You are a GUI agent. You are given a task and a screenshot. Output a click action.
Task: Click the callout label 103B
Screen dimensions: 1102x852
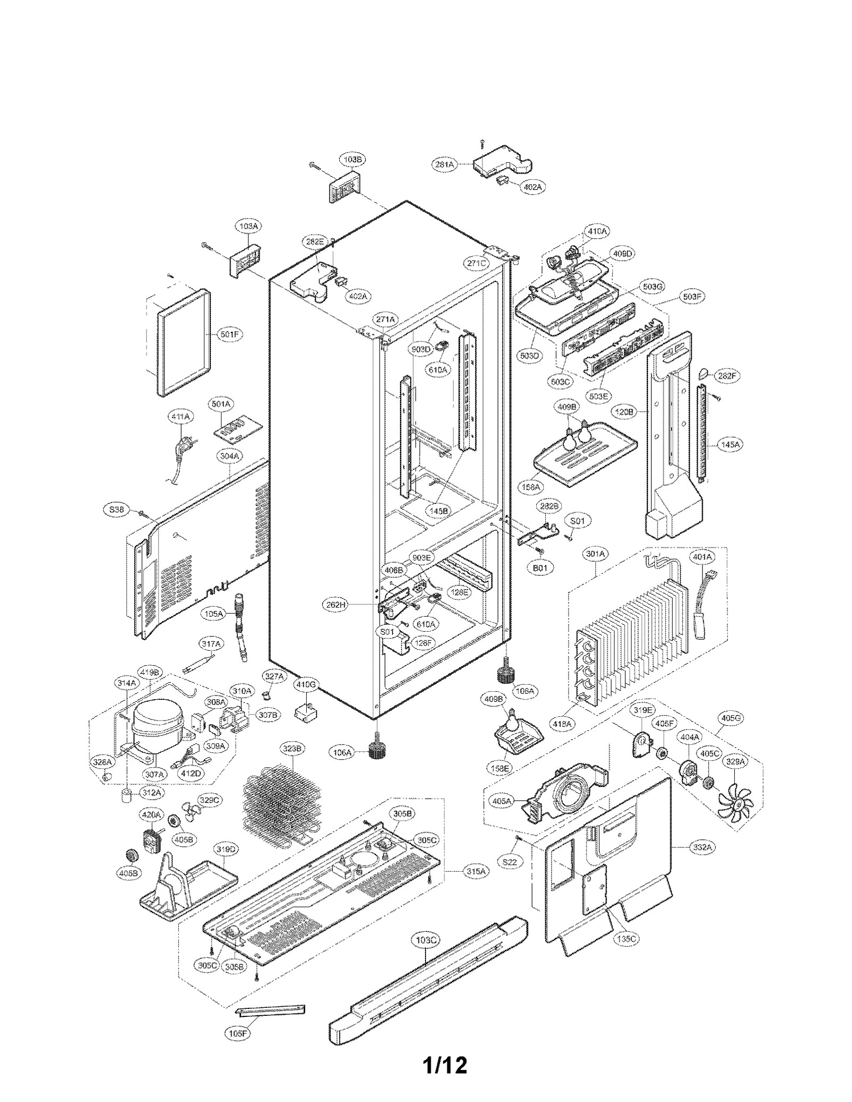coord(352,159)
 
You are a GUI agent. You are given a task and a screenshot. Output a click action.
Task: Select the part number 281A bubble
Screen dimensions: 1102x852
coord(444,165)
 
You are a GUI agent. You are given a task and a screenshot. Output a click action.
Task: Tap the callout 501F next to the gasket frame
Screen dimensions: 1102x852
coord(230,335)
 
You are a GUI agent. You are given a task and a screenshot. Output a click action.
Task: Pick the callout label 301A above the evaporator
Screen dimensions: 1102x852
coord(595,554)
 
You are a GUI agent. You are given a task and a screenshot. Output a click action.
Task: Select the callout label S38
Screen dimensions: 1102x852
coord(116,510)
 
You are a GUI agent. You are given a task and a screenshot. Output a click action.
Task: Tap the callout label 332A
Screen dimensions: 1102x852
coord(702,847)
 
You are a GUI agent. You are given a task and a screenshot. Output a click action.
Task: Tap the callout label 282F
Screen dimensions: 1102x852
coord(727,376)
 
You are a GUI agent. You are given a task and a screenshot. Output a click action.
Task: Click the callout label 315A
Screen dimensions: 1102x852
coord(476,872)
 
